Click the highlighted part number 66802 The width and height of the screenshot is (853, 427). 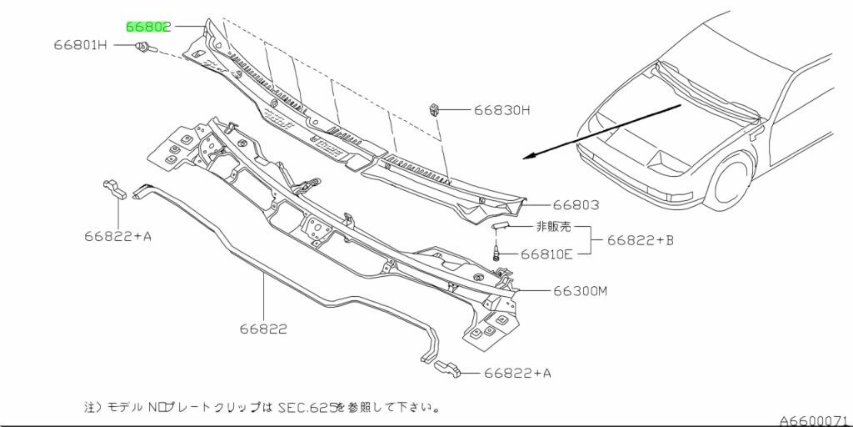pos(148,26)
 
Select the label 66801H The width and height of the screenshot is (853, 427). pos(81,45)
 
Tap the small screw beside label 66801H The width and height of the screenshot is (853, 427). pos(146,48)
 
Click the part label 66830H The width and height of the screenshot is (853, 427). pos(501,110)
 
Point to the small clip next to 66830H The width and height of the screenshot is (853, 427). pos(434,109)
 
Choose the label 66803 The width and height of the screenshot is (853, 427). pos(576,205)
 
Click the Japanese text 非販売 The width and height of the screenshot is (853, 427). pos(554,227)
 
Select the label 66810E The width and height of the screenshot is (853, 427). pos(546,254)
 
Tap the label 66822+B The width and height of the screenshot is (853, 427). pos(641,239)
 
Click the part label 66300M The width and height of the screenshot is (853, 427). pos(580,291)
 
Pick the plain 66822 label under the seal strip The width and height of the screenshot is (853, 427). pos(263,329)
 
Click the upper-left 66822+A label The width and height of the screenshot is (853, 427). pos(117,236)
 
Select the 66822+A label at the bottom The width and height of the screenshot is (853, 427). pos(517,373)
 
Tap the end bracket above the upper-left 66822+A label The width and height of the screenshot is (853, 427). pos(115,189)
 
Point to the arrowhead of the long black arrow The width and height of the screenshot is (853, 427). pos(527,157)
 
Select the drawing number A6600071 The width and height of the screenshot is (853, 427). pos(816,420)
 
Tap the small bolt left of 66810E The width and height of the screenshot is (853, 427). pos(496,253)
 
